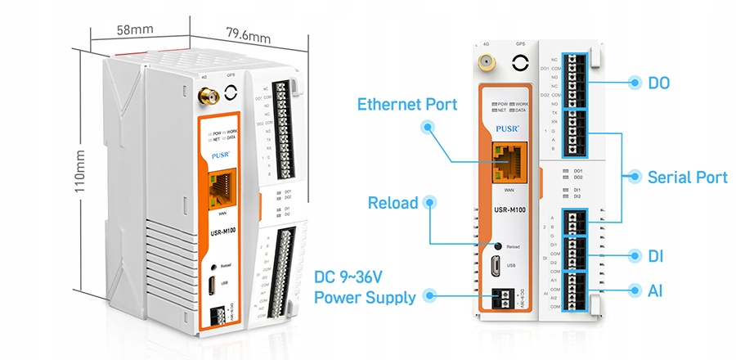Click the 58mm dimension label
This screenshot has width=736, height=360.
136,29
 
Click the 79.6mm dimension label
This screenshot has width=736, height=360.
248,35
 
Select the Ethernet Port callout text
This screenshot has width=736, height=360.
407,104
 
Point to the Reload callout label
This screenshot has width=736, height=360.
393,203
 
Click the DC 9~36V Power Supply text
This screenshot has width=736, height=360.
364,288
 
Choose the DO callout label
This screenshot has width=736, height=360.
658,82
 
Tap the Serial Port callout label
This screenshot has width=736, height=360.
687,177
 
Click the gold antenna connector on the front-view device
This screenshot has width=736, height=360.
486,63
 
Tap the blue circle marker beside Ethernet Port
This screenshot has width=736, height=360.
428,128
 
